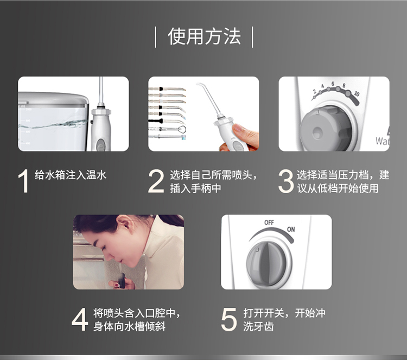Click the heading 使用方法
tap(204, 36)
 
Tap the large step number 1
tap(24, 181)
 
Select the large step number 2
tap(156, 181)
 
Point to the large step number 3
tap(286, 181)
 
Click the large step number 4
tap(80, 319)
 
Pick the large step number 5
tap(228, 319)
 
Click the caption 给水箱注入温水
tap(71, 175)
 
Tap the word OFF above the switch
tap(269, 223)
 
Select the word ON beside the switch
tap(291, 229)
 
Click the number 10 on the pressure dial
tap(357, 94)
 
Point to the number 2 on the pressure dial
tap(315, 91)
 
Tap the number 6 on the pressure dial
tap(333, 84)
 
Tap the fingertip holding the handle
tap(238, 128)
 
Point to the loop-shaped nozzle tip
tap(182, 129)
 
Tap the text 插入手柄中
tap(195, 188)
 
